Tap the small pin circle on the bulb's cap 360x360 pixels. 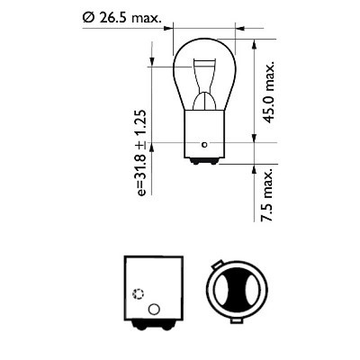[205, 141]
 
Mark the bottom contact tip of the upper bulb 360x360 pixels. [204, 166]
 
